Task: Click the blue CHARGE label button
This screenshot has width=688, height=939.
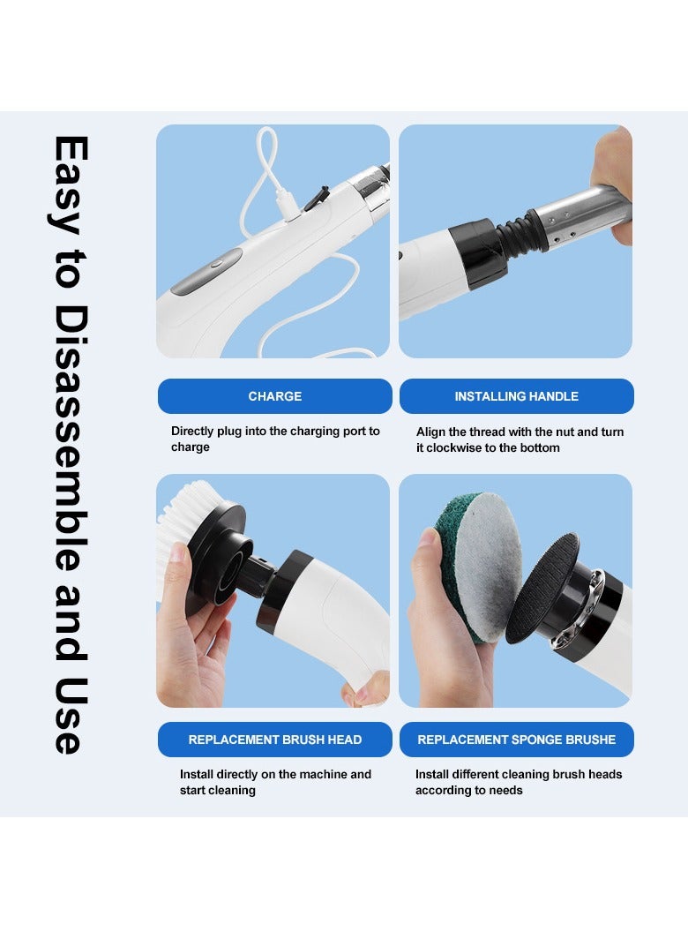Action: click(x=274, y=396)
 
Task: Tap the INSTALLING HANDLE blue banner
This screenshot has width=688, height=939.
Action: click(x=516, y=396)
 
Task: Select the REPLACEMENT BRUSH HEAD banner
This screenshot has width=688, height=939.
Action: click(x=274, y=740)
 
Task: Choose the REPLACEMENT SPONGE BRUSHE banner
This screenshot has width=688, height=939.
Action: click(x=516, y=740)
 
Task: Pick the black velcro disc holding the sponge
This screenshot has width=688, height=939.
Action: click(x=541, y=586)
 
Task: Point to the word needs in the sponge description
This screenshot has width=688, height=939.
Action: click(x=505, y=790)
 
